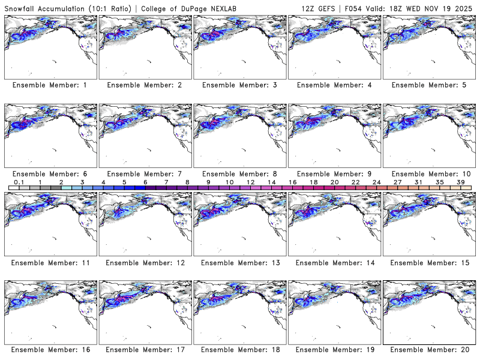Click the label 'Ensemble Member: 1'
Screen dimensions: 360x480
[x=50, y=85]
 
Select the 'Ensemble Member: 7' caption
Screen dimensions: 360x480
[x=145, y=173]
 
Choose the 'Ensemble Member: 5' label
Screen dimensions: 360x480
[x=428, y=85]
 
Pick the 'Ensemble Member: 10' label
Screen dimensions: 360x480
[x=430, y=173]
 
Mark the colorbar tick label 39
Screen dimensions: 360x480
[x=461, y=182]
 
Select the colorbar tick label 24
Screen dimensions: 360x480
[x=376, y=182]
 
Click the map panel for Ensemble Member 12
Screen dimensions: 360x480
[x=145, y=223]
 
